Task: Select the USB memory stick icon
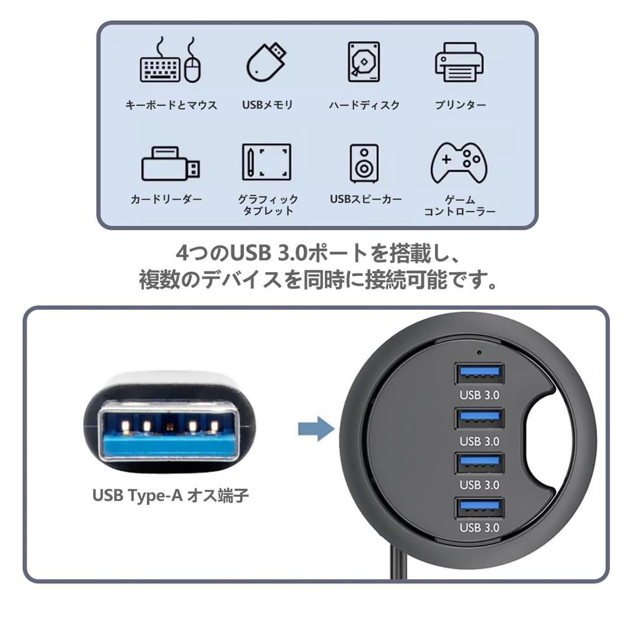[267, 62]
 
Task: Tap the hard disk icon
[364, 62]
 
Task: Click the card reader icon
[170, 164]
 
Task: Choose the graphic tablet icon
[267, 162]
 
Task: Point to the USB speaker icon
[364, 163]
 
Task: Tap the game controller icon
[459, 163]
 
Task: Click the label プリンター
[460, 105]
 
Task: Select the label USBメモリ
[267, 105]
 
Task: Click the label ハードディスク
[364, 105]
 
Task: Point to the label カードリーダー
[167, 199]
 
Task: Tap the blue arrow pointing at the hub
[315, 428]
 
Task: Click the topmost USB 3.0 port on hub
[480, 374]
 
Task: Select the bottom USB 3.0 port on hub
[480, 508]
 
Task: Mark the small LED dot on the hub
[480, 354]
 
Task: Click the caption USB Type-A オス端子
[170, 496]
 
